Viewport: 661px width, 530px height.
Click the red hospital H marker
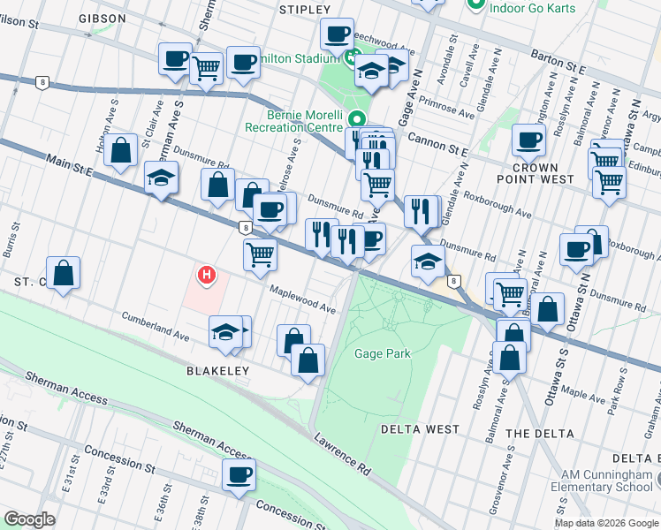(207, 276)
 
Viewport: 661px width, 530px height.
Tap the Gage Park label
(383, 353)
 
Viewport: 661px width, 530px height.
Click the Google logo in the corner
(30, 519)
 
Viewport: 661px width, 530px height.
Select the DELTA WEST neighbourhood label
(420, 429)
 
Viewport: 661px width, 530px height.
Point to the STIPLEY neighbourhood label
(304, 9)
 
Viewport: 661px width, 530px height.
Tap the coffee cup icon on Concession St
(239, 475)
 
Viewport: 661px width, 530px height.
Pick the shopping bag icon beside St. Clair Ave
(121, 150)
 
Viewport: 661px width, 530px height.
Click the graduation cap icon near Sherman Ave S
(161, 178)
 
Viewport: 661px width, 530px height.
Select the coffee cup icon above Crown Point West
(529, 138)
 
